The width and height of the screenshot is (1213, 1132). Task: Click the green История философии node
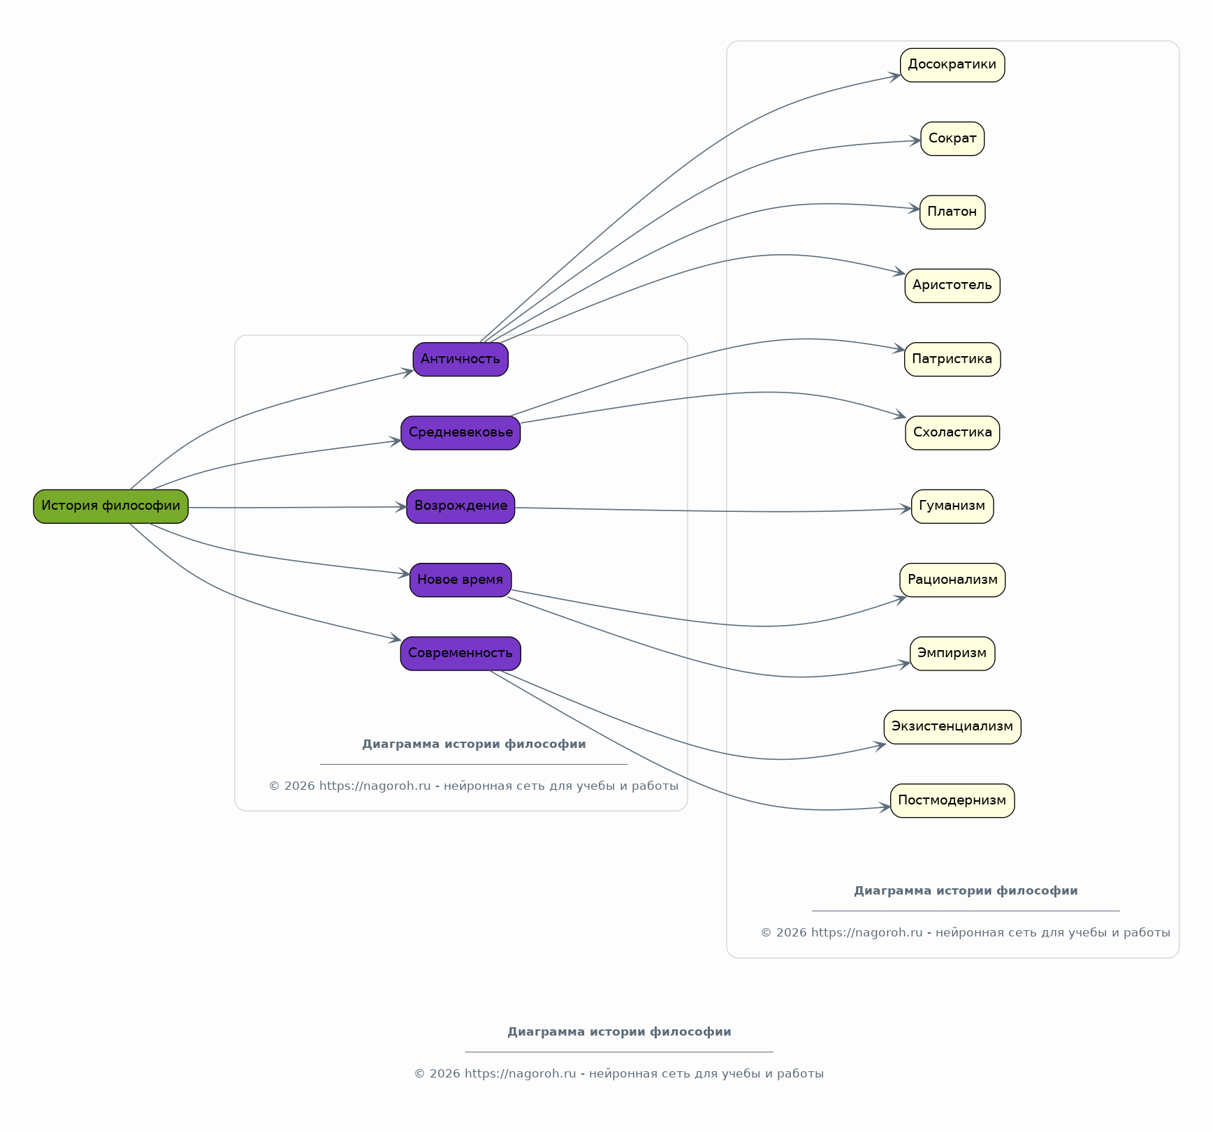110,506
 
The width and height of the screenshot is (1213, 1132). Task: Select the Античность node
460,359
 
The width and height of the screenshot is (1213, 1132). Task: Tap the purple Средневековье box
460,433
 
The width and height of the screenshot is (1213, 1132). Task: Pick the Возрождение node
460,506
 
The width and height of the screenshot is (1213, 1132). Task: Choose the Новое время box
460,580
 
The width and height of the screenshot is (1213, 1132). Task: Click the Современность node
460,654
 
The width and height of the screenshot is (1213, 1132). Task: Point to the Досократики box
952,65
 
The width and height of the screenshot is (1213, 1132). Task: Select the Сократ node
952,138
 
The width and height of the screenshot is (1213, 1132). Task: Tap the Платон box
952,212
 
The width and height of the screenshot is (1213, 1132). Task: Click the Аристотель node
952,286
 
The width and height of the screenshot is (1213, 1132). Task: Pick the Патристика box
952,359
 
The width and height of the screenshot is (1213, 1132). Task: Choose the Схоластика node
952,433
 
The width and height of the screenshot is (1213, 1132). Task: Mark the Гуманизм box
952,506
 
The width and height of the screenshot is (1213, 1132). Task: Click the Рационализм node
952,580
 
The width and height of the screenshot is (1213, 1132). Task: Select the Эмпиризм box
952,654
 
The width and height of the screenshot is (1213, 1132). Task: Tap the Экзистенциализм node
952,727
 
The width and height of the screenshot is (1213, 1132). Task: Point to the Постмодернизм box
952,800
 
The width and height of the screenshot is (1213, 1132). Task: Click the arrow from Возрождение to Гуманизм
713,511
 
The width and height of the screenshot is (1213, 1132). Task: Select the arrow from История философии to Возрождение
298,508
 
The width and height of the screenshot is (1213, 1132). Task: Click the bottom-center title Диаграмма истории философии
619,1032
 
